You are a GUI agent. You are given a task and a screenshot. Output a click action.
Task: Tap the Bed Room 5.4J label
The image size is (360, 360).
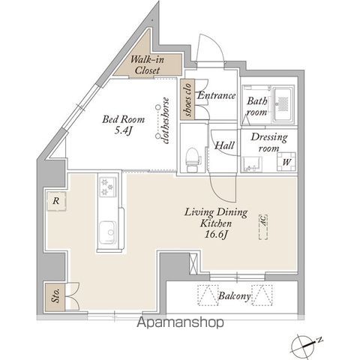tap(122, 123)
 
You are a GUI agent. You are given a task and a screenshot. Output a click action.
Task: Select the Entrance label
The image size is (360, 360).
tap(217, 96)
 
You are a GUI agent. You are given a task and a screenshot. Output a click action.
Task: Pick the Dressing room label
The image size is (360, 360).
tap(268, 143)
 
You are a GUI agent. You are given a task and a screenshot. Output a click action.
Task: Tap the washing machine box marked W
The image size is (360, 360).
tap(287, 160)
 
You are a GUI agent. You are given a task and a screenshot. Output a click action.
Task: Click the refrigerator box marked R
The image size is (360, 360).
tap(56, 200)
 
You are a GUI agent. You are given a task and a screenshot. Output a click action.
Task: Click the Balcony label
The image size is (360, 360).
tap(234, 297)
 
